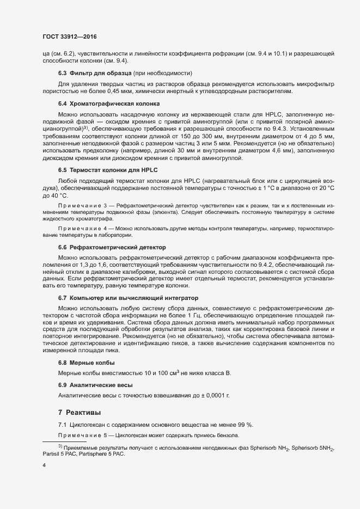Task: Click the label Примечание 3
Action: [x=82, y=204]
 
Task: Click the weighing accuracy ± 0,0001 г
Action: [x=213, y=395]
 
